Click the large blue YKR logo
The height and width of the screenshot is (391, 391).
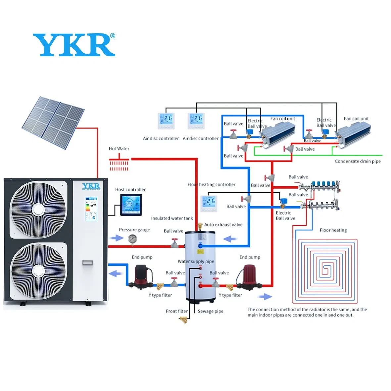pos(74,45)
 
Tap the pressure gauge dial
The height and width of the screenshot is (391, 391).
pos(132,239)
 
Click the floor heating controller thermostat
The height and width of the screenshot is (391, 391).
pos(209,203)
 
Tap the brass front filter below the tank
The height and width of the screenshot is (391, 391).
pos(183,319)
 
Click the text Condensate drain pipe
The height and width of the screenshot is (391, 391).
pos(358,161)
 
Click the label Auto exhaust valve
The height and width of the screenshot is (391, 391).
pos(223,224)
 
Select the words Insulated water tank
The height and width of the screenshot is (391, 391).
pos(172,218)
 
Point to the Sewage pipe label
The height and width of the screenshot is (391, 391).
pos(210,311)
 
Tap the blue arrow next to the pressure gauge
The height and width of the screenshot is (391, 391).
pos(117,238)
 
